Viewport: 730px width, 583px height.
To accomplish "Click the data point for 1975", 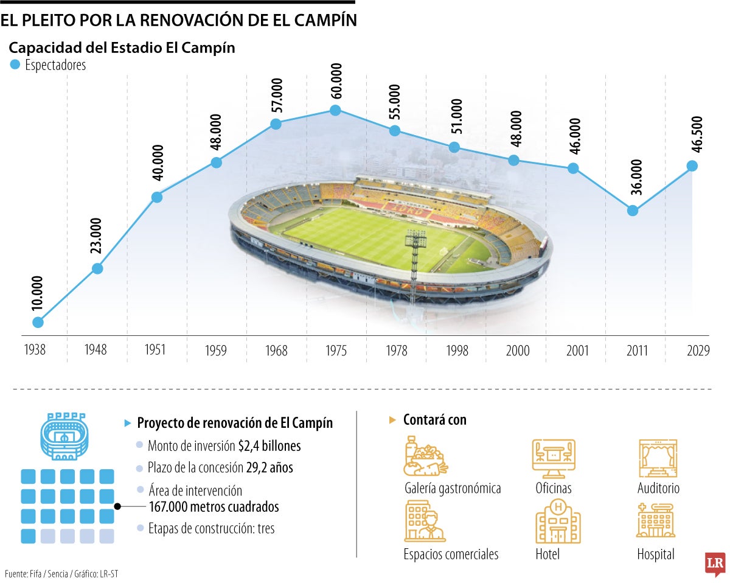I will click(335, 110).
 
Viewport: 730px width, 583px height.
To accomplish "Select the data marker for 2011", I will click(633, 211).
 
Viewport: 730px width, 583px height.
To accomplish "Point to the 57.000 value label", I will click(276, 95).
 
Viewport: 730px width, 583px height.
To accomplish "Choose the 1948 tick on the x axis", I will click(96, 351).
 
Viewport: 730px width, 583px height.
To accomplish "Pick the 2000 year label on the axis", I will click(518, 351).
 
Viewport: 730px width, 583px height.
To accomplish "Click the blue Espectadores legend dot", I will click(15, 65).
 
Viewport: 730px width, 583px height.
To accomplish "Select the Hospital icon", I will click(655, 520).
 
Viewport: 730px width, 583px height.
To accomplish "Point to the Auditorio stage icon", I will click(658, 458).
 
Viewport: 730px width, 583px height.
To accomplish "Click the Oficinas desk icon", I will click(554, 458).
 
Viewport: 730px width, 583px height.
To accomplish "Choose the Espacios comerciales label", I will click(451, 554).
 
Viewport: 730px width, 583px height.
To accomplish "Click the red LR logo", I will click(714, 564).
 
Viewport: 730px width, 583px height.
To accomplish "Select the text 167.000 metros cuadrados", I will click(214, 506).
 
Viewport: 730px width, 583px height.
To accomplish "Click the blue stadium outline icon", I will click(63, 437).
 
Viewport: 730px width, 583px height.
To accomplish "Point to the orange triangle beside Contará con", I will click(392, 421).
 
